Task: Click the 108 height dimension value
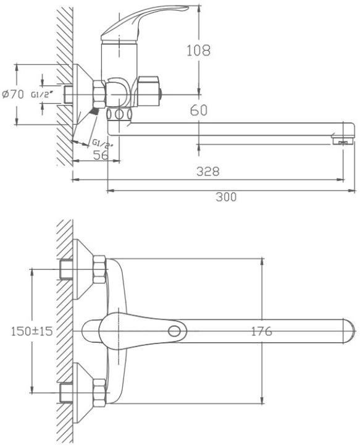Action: coord(198,51)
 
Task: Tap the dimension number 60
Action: coord(199,110)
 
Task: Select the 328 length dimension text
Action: coord(208,172)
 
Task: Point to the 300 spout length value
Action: coord(226,197)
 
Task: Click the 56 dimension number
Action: coord(101,154)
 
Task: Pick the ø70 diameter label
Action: coord(13,94)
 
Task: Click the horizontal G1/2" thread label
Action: coord(43,95)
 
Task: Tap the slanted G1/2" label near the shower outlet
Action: coord(103,144)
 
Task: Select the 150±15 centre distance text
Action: coord(32,331)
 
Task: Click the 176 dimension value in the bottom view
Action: coord(262,331)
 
